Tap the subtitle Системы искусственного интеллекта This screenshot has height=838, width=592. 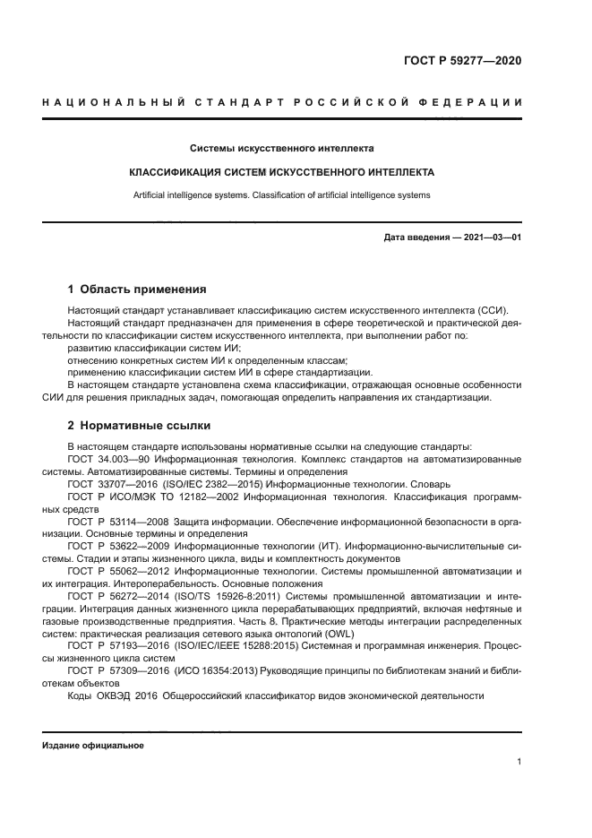click(282, 148)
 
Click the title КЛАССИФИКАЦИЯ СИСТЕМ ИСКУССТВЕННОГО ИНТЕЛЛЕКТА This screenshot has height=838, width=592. click(282, 171)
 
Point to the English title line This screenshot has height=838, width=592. click(282, 194)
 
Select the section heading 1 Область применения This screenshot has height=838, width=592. click(137, 289)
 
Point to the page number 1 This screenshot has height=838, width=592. click(519, 762)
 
